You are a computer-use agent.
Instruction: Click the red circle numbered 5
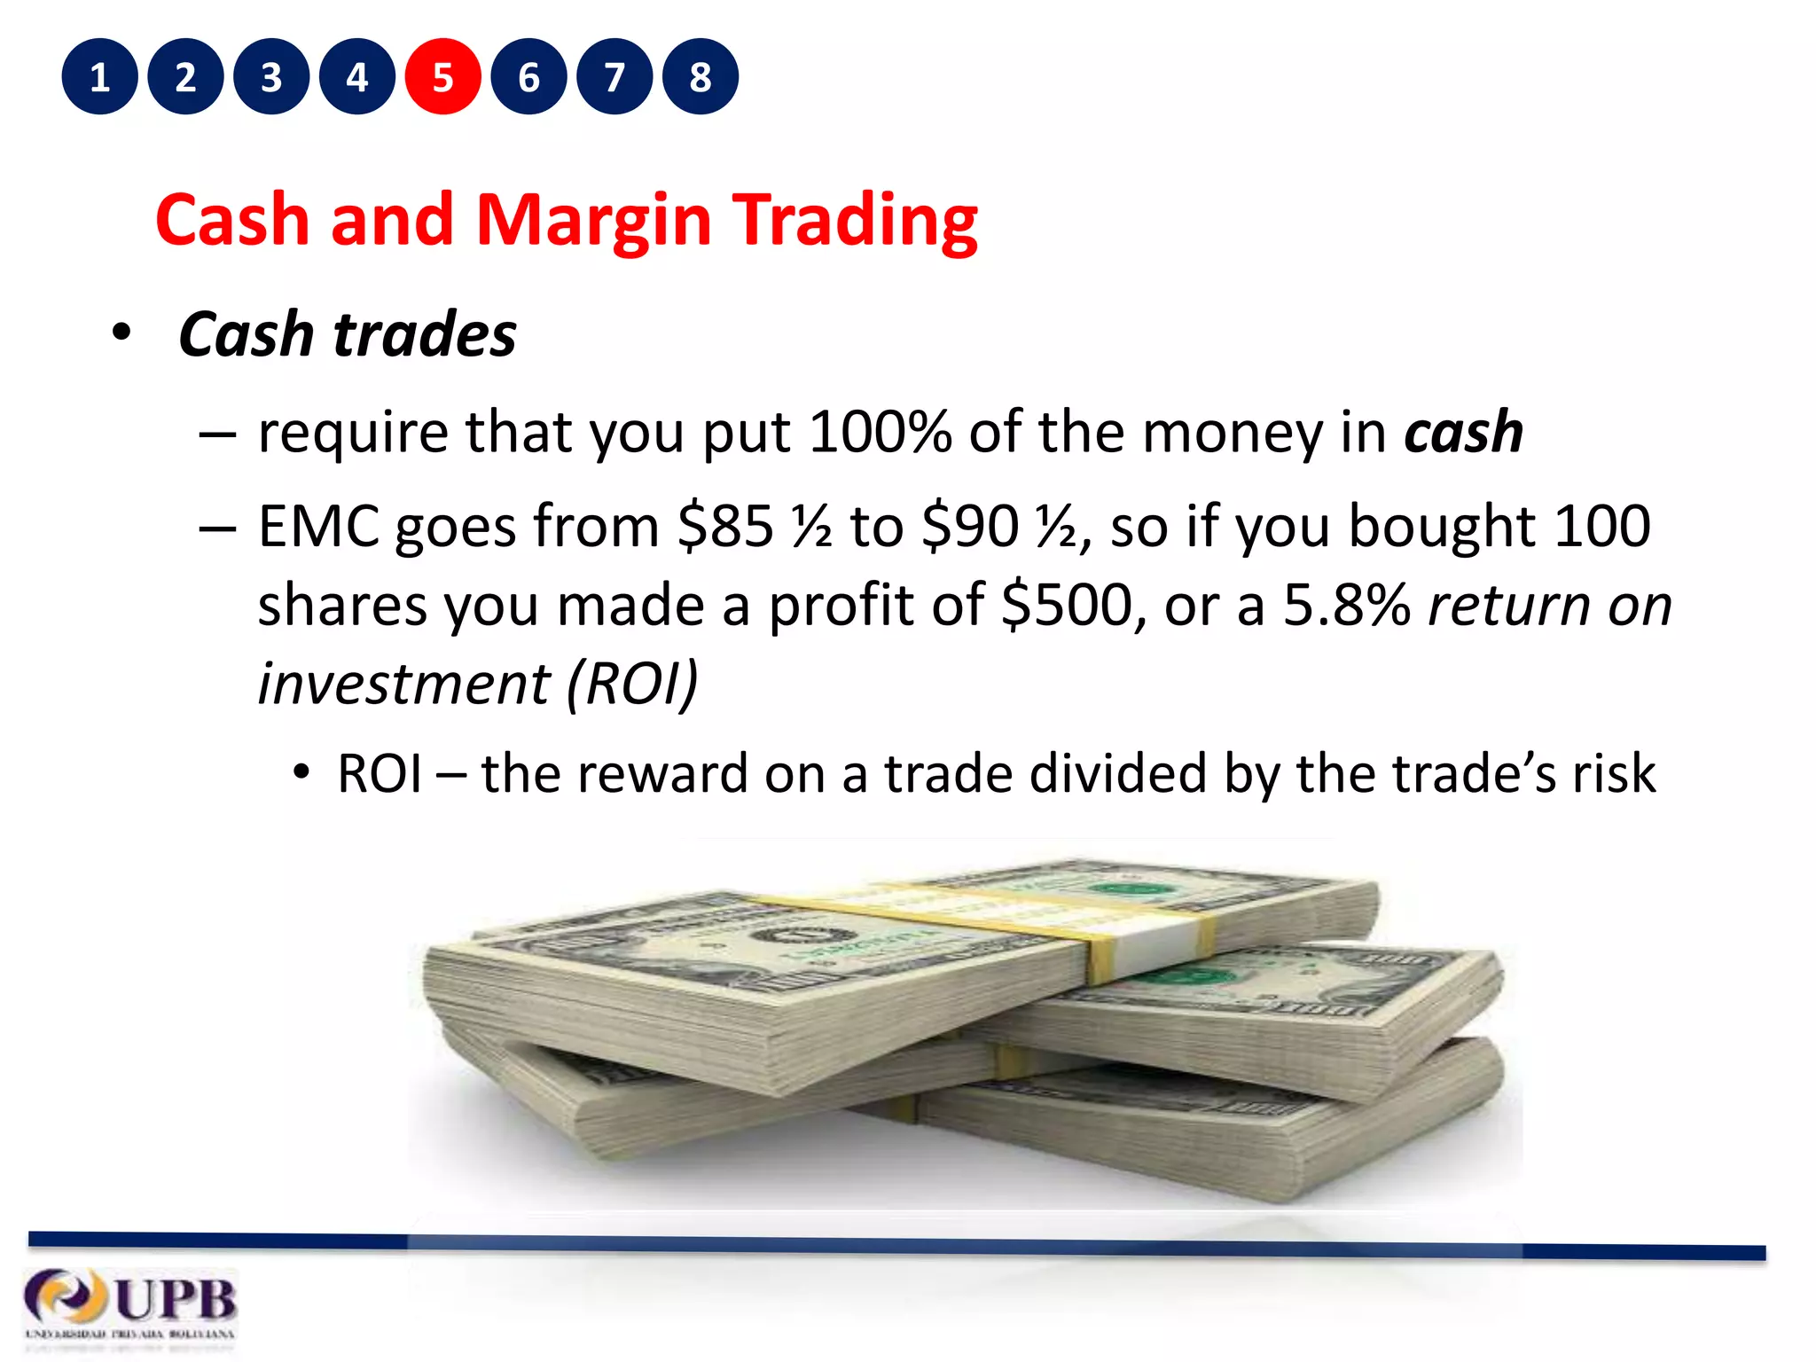pyautogui.click(x=442, y=77)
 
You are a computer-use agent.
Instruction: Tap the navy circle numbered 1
pyautogui.click(x=99, y=77)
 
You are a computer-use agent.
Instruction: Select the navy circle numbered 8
pyautogui.click(x=700, y=77)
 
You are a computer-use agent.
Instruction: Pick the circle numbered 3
pyautogui.click(x=271, y=77)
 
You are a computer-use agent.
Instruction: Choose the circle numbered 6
pyautogui.click(x=528, y=77)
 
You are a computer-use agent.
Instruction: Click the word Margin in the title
pyautogui.click(x=593, y=220)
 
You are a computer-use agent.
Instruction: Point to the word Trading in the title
pyautogui.click(x=855, y=220)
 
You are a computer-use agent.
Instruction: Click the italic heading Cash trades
pyautogui.click(x=347, y=334)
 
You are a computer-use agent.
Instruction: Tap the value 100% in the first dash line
pyautogui.click(x=880, y=432)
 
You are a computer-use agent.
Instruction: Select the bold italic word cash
pyautogui.click(x=1463, y=432)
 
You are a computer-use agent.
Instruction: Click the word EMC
pyautogui.click(x=318, y=526)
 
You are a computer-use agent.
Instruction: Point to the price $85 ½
pyautogui.click(x=754, y=526)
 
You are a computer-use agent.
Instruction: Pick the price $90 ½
pyautogui.click(x=998, y=526)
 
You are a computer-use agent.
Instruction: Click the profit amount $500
pyautogui.click(x=1067, y=605)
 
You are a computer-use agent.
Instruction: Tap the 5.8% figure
pyautogui.click(x=1346, y=605)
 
